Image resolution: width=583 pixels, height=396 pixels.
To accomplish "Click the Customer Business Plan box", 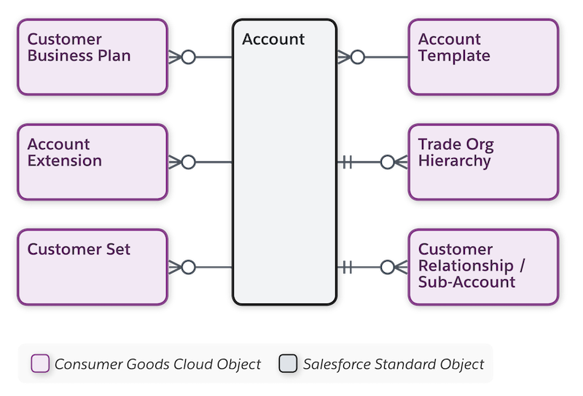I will pyautogui.click(x=93, y=57).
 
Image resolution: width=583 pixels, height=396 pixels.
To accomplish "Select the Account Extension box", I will pyautogui.click(x=93, y=162).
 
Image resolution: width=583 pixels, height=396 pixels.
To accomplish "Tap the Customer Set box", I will pyautogui.click(x=93, y=267).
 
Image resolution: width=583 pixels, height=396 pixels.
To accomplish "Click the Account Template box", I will pyautogui.click(x=483, y=57).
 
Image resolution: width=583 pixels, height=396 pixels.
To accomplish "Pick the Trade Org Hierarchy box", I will pyautogui.click(x=483, y=162).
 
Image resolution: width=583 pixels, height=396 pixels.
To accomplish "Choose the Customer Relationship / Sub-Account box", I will pyautogui.click(x=483, y=267).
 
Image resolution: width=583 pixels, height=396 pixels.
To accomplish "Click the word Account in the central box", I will pyautogui.click(x=273, y=39).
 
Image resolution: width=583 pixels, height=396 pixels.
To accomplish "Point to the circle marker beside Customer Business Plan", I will pyautogui.click(x=188, y=57).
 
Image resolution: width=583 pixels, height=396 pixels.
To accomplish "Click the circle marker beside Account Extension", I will pyautogui.click(x=188, y=162).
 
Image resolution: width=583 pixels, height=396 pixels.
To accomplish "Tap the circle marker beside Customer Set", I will pyautogui.click(x=188, y=267).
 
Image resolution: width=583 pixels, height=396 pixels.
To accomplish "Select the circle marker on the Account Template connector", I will pyautogui.click(x=357, y=57).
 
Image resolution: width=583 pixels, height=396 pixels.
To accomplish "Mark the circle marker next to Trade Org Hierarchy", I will pyautogui.click(x=387, y=162).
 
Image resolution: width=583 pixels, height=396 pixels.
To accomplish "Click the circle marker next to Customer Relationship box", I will pyautogui.click(x=387, y=267).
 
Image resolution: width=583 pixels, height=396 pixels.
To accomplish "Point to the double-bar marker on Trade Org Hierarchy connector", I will pyautogui.click(x=348, y=162).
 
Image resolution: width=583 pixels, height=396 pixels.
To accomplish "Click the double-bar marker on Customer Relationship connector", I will pyautogui.click(x=348, y=267).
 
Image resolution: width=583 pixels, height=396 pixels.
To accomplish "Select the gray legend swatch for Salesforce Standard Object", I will pyautogui.click(x=288, y=363).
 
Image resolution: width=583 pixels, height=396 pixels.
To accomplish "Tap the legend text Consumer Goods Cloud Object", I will pyautogui.click(x=157, y=363).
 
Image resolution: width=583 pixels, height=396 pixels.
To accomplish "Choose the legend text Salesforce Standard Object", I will pyautogui.click(x=394, y=363).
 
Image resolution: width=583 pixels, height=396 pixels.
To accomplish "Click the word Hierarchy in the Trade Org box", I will pyautogui.click(x=454, y=161).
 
